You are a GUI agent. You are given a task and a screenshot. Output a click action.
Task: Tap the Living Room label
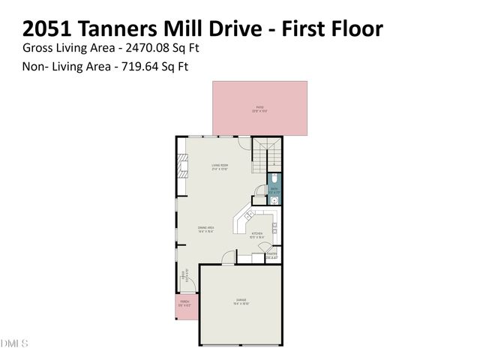(219, 166)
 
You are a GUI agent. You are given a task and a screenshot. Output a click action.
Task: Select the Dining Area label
(207, 229)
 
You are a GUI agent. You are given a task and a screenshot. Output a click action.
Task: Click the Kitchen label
(258, 235)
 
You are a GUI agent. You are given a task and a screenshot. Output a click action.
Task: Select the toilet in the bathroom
(275, 178)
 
